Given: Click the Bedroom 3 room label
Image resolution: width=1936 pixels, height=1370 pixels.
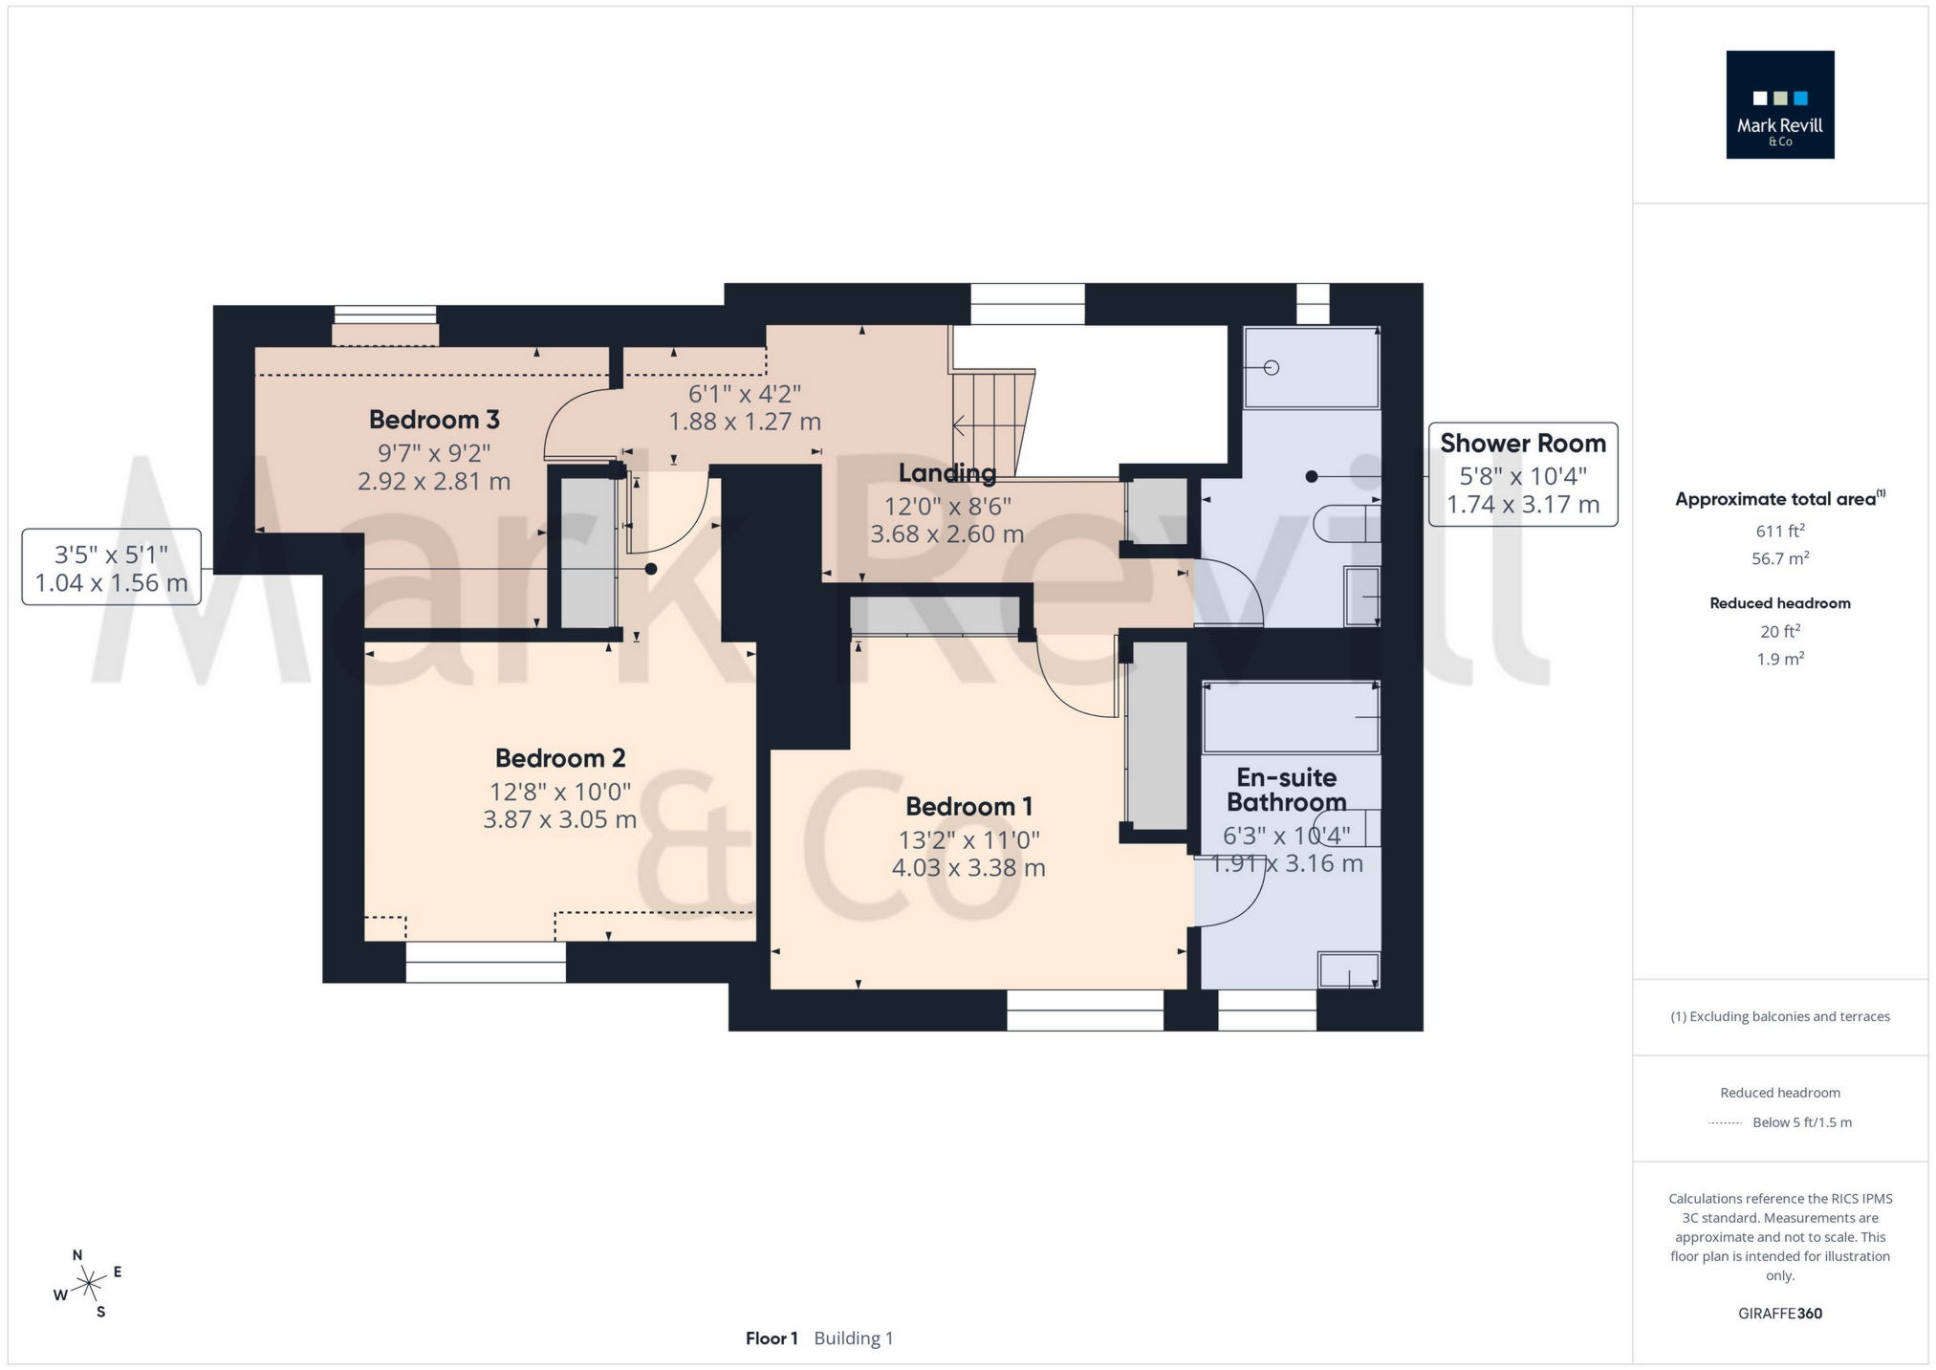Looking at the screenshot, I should point(434,420).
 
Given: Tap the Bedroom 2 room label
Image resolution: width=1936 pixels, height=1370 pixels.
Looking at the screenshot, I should point(560,758).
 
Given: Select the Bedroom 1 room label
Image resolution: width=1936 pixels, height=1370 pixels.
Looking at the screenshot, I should point(968,807).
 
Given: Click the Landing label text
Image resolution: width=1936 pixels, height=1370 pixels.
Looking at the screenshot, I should point(946,472).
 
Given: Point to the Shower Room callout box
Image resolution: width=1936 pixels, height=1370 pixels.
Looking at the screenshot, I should point(1522,474).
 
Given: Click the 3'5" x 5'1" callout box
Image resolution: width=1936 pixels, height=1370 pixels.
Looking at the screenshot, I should point(112,568).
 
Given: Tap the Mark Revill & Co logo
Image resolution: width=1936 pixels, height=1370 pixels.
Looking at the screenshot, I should point(1779,105).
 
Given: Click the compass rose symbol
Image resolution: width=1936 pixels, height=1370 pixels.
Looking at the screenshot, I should point(89,1283).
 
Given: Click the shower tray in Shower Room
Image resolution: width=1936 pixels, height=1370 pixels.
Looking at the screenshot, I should point(1311,368).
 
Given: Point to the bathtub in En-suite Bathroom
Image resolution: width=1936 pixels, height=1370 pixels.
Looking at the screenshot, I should point(1290,718).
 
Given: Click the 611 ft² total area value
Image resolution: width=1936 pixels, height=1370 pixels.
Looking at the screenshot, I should point(1779,532).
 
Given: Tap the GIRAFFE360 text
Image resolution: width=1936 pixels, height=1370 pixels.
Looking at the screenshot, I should point(1779,1314).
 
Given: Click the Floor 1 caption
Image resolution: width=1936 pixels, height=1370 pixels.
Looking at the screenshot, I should point(771,1338).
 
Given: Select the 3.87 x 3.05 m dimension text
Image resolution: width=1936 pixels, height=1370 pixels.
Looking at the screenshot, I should point(560,819).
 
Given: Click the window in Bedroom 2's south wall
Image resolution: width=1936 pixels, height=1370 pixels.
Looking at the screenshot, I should point(486,962).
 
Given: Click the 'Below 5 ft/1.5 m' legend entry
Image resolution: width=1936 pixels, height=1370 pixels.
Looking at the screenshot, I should point(1801,1122).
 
